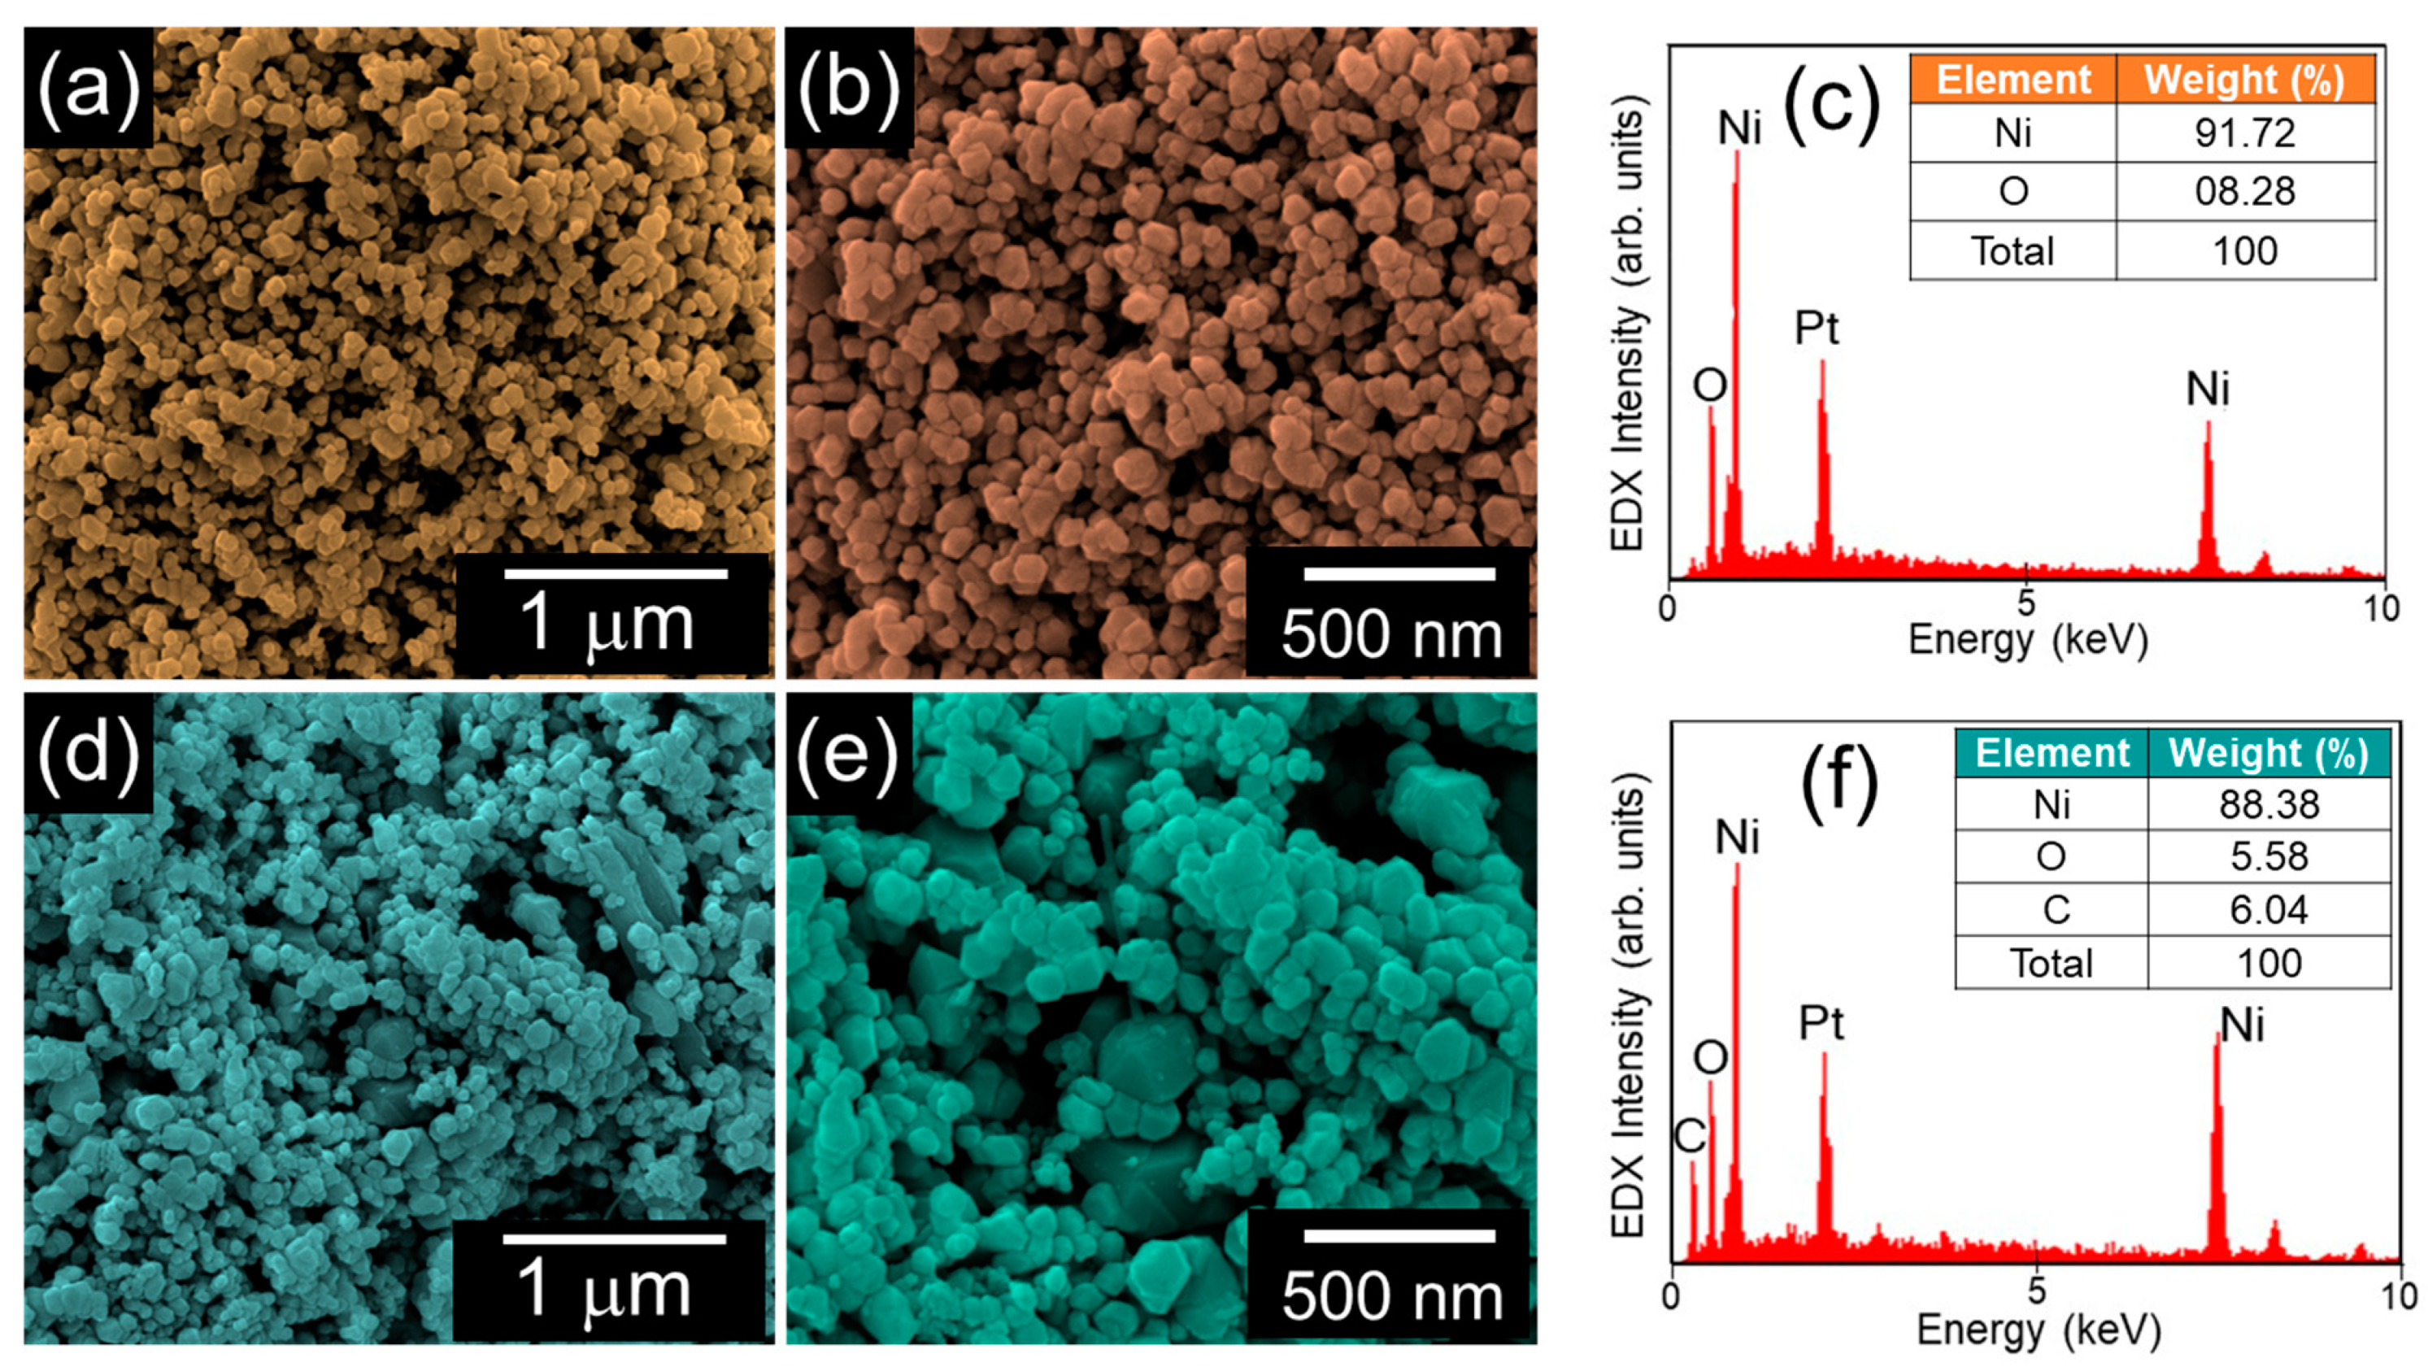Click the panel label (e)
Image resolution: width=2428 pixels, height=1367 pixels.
[847, 753]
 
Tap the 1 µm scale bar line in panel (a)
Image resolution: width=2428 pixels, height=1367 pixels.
[616, 573]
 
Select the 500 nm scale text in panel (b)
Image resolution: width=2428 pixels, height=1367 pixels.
[1391, 634]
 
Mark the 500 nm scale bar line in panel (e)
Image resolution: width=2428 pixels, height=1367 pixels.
[1399, 1235]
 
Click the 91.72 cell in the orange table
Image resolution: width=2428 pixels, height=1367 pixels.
[2244, 133]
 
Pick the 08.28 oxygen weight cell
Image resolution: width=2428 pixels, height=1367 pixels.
[2244, 191]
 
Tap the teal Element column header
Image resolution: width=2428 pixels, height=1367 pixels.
[2052, 752]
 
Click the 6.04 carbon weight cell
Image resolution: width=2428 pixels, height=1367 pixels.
[2269, 910]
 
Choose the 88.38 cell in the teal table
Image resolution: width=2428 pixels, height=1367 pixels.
[2269, 804]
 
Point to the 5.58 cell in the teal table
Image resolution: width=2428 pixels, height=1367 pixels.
[2269, 856]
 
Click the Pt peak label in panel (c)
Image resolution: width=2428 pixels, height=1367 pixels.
[1817, 328]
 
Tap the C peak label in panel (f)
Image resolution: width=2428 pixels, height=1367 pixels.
[1690, 1135]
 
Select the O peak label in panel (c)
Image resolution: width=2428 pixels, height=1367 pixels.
[1710, 385]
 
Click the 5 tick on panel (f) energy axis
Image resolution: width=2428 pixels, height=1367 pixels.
[2036, 1291]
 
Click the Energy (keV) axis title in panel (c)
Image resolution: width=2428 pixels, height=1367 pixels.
[2027, 640]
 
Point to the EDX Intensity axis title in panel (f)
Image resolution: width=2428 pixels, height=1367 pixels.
[1628, 1004]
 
